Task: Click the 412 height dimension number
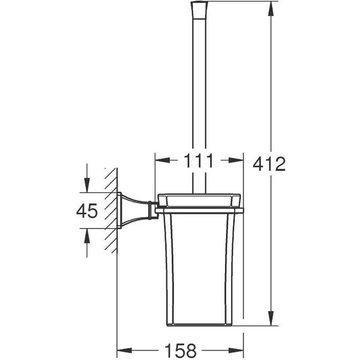[269, 164]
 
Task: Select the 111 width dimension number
[199, 161]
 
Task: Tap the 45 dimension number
[87, 211]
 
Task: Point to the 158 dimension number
[181, 350]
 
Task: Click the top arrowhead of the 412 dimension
[271, 9]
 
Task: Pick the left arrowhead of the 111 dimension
[163, 160]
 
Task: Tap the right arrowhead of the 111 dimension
[236, 160]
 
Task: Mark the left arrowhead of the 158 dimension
[124, 350]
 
